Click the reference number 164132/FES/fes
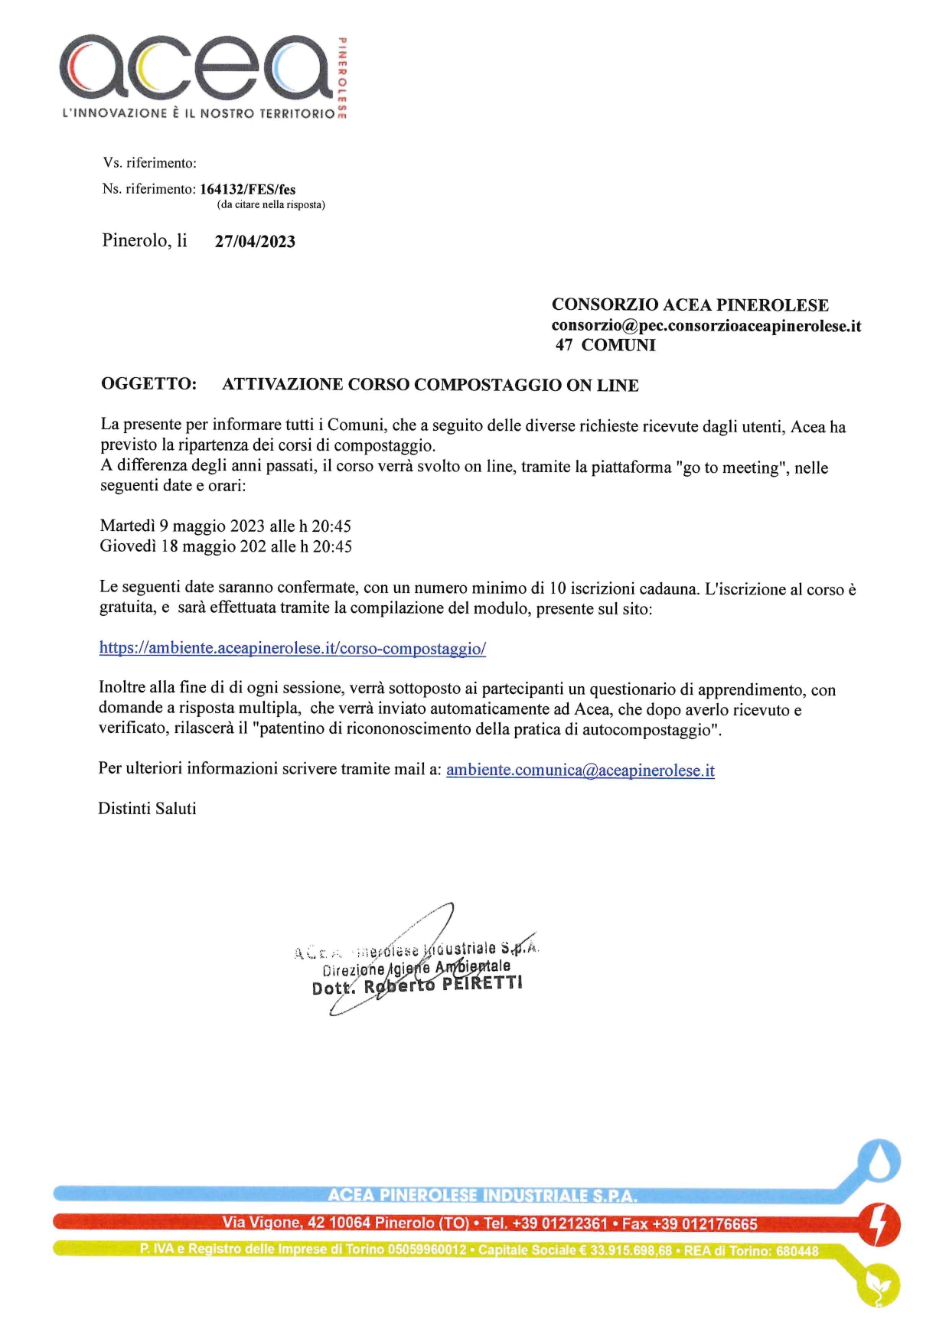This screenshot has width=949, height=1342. [247, 190]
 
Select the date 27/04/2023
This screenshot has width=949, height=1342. [255, 242]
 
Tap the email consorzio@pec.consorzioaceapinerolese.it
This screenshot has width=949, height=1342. [706, 326]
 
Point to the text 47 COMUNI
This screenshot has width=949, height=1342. [605, 345]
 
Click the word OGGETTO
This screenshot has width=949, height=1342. [148, 384]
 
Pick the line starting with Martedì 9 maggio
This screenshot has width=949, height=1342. [225, 526]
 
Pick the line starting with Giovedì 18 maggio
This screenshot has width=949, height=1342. [226, 546]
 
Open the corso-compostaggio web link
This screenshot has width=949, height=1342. [292, 648]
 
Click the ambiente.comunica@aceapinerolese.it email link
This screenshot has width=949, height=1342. [580, 770]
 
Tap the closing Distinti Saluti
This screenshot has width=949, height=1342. [147, 809]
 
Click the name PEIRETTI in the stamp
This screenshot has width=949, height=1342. [482, 982]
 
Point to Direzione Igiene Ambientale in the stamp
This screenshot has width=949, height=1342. [416, 968]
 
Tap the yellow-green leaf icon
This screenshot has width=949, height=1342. [878, 1285]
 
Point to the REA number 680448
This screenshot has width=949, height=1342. [797, 1252]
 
